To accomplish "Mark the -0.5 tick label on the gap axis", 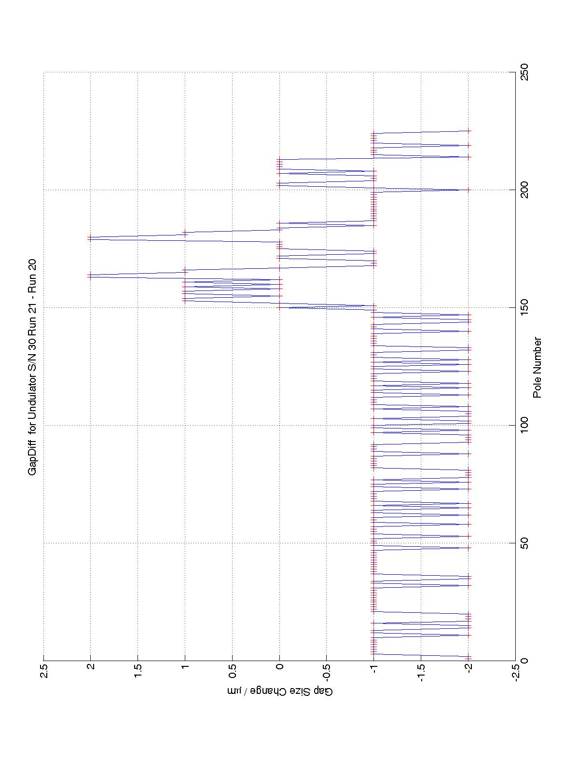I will coord(327,673).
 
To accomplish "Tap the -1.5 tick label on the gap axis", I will coord(421,673).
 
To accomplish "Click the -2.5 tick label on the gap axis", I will coord(515,673).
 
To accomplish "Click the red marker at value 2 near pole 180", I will coord(90,237).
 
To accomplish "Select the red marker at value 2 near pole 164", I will coord(90,275).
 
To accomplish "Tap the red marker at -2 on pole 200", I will coord(468,190).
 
